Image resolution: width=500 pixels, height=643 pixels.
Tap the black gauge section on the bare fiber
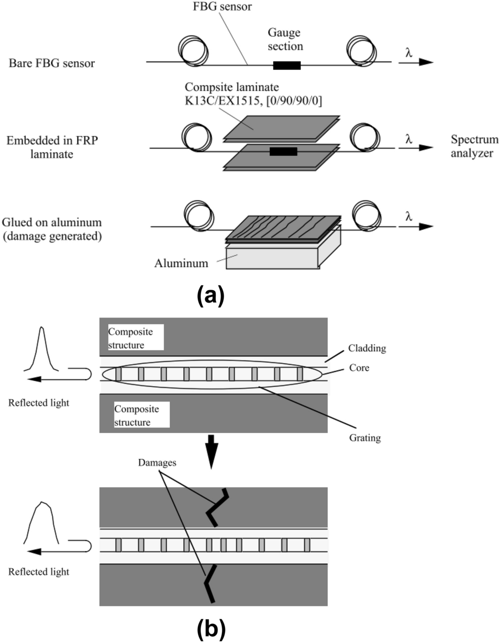pos(286,65)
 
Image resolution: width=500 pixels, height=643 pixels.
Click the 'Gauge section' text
pos(285,39)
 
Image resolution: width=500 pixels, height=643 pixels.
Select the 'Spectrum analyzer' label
pos(474,146)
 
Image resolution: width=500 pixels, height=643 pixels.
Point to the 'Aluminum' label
pos(181,263)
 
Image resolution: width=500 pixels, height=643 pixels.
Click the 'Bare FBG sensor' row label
pos(52,63)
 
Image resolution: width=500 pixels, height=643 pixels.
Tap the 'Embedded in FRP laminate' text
pos(52,147)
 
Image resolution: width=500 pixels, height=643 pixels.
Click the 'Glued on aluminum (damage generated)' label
pos(52,229)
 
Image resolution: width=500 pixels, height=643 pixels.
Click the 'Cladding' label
pos(367,348)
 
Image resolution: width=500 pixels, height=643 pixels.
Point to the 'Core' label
pos(359,368)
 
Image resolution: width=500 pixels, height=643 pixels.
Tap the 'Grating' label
pos(365,438)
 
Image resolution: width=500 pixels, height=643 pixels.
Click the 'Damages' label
pos(157,462)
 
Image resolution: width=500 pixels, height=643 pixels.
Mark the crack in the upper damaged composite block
pos(216,507)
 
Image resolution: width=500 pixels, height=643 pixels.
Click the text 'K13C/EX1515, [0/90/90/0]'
pos(253,100)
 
